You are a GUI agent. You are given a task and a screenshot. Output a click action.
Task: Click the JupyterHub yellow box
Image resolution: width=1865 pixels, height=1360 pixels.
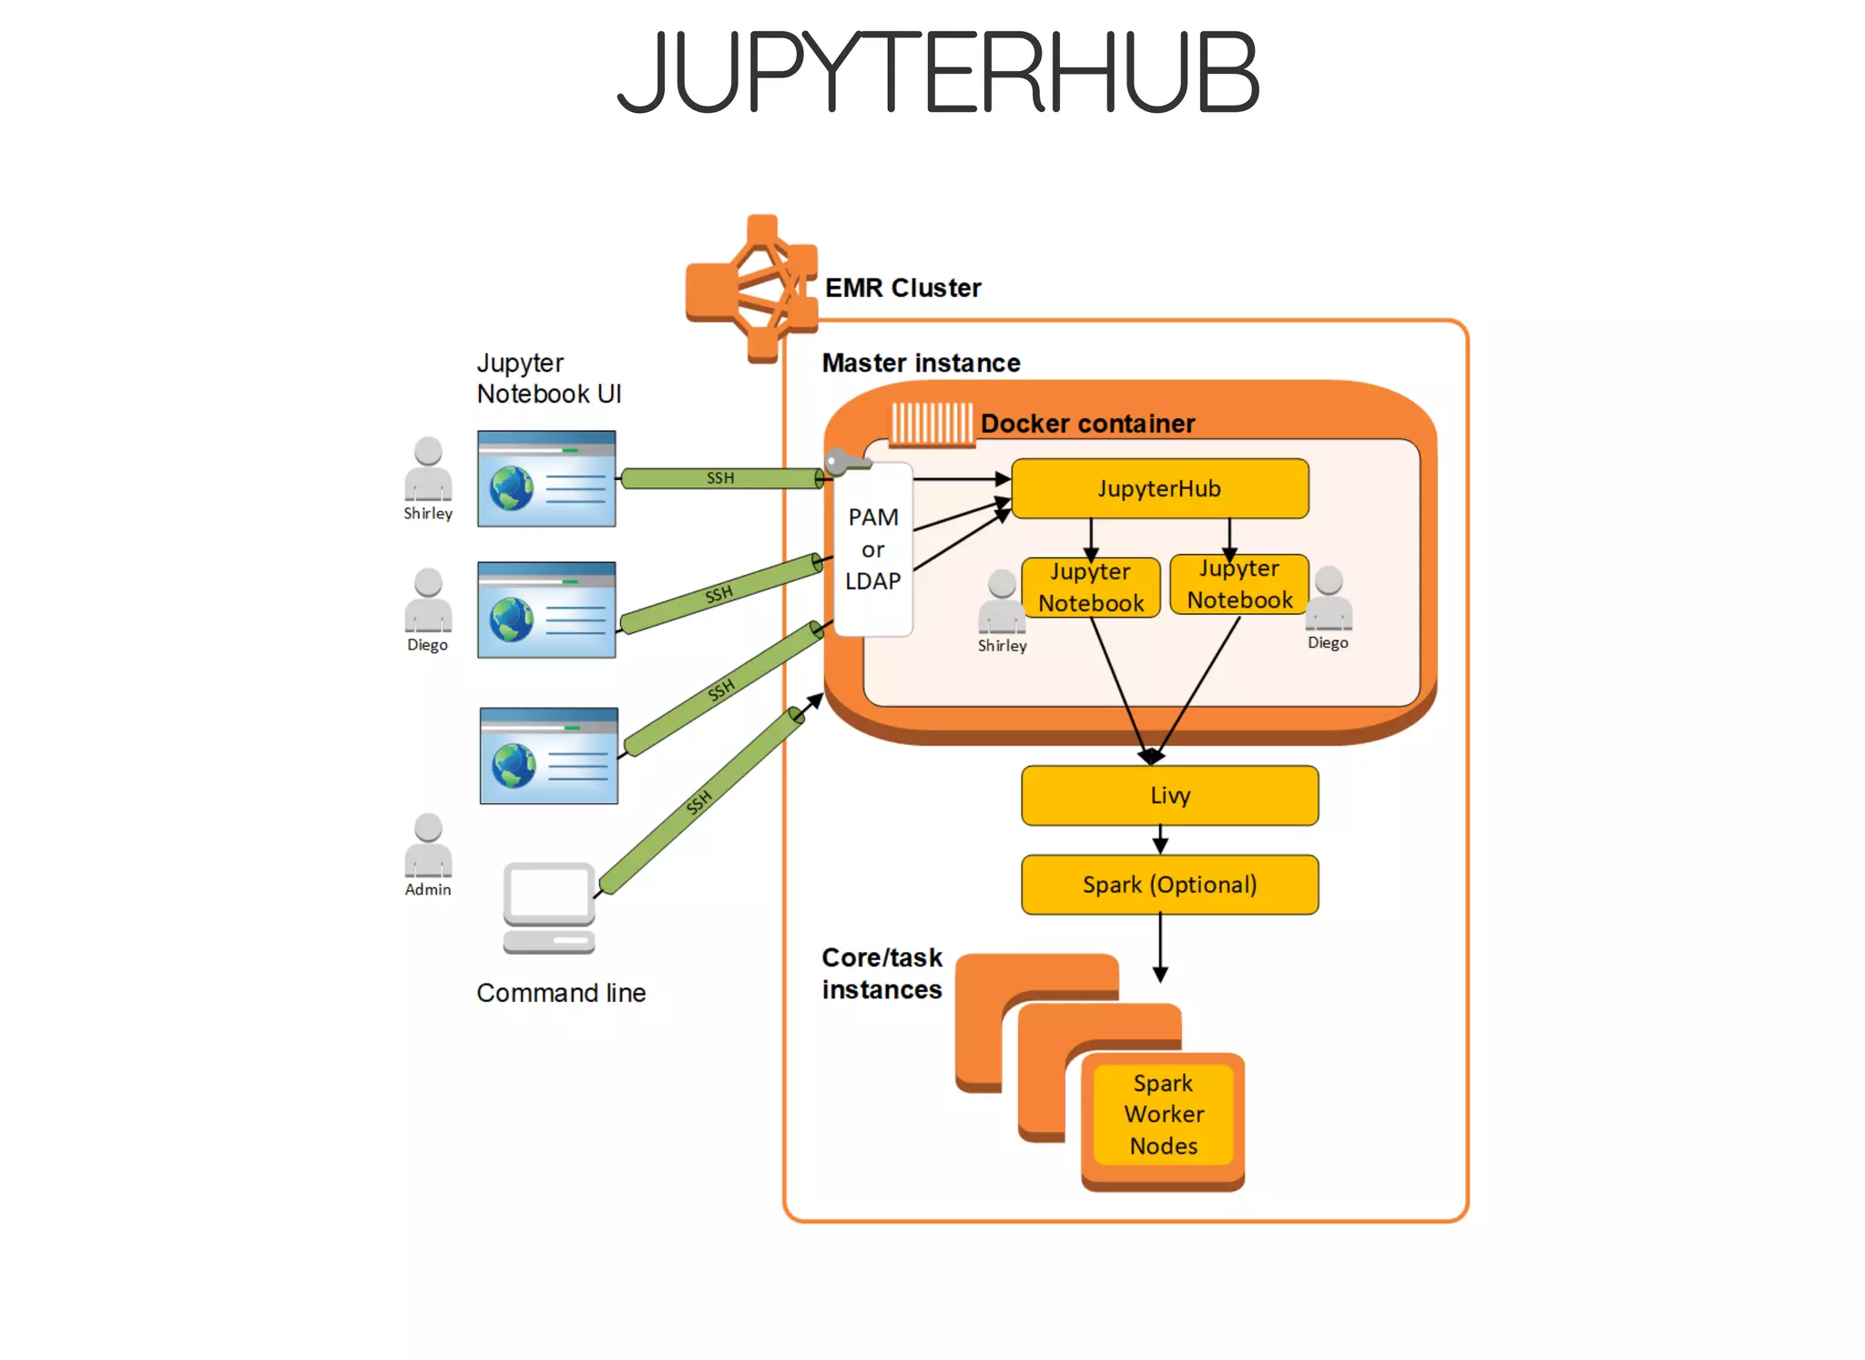click(1159, 489)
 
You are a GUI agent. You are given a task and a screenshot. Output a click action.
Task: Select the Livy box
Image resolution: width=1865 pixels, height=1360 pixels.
click(1169, 795)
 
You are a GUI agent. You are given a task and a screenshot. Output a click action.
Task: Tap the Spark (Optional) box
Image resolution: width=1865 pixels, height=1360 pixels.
click(1169, 885)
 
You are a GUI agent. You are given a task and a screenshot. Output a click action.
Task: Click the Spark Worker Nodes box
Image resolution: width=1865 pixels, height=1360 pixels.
click(1163, 1114)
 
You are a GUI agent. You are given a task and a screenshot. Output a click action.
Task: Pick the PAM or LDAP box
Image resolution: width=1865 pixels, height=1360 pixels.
click(873, 549)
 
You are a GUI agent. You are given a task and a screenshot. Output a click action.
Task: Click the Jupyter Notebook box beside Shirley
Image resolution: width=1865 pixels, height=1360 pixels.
click(1090, 588)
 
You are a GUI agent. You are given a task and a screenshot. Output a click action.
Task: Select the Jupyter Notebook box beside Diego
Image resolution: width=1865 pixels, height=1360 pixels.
click(1239, 585)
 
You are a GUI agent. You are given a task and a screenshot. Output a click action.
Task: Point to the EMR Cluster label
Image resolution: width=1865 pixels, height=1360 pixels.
click(902, 288)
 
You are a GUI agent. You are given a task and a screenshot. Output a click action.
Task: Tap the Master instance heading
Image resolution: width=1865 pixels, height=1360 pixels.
click(921, 363)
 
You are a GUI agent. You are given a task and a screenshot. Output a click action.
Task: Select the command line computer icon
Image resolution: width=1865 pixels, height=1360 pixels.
click(549, 907)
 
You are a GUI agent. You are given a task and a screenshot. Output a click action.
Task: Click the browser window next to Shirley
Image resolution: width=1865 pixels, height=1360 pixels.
click(546, 479)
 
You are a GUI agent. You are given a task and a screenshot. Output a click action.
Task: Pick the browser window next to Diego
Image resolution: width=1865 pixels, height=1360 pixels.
click(546, 610)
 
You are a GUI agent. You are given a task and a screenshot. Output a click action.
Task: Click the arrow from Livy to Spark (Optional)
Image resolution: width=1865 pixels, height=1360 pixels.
click(1160, 840)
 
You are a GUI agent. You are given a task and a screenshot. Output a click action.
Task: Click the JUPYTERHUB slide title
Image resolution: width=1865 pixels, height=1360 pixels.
click(938, 71)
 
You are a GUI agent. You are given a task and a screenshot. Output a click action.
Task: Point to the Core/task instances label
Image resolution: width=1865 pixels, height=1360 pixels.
click(882, 974)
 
